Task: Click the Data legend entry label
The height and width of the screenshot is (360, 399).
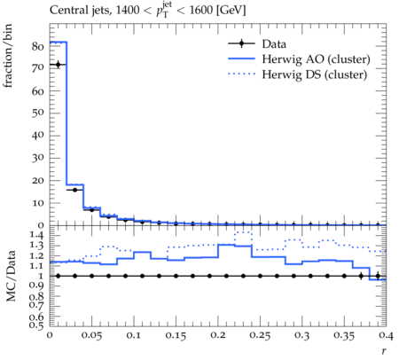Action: pos(274,44)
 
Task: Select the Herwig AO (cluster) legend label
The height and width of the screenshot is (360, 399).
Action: pos(316,59)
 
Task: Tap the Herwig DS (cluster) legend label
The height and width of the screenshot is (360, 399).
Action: pos(315,74)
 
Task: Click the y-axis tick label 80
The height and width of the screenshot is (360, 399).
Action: pos(38,47)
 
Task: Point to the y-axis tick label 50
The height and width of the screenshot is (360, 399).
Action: pos(38,113)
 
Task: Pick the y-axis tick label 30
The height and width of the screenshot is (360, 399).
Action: pos(38,158)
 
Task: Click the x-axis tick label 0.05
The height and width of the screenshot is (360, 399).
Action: pos(91,336)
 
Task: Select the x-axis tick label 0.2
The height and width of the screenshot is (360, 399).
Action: pos(218,335)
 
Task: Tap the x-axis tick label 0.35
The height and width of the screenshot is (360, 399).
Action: pos(344,336)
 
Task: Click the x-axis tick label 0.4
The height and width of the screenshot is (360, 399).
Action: pos(386,335)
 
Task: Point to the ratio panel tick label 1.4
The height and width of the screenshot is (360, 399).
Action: pos(36,235)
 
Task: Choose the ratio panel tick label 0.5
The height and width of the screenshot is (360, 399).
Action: pos(36,325)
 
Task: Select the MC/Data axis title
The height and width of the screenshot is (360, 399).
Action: pos(11,276)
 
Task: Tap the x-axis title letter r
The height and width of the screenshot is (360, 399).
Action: pos(384,351)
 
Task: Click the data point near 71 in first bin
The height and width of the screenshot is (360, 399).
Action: pos(59,65)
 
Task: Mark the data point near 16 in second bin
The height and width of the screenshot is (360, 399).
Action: pos(74,190)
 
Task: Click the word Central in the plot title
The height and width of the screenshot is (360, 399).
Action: pos(65,11)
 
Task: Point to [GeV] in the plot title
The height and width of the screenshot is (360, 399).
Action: pos(231,11)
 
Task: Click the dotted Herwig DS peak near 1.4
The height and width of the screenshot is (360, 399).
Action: pos(243,232)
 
